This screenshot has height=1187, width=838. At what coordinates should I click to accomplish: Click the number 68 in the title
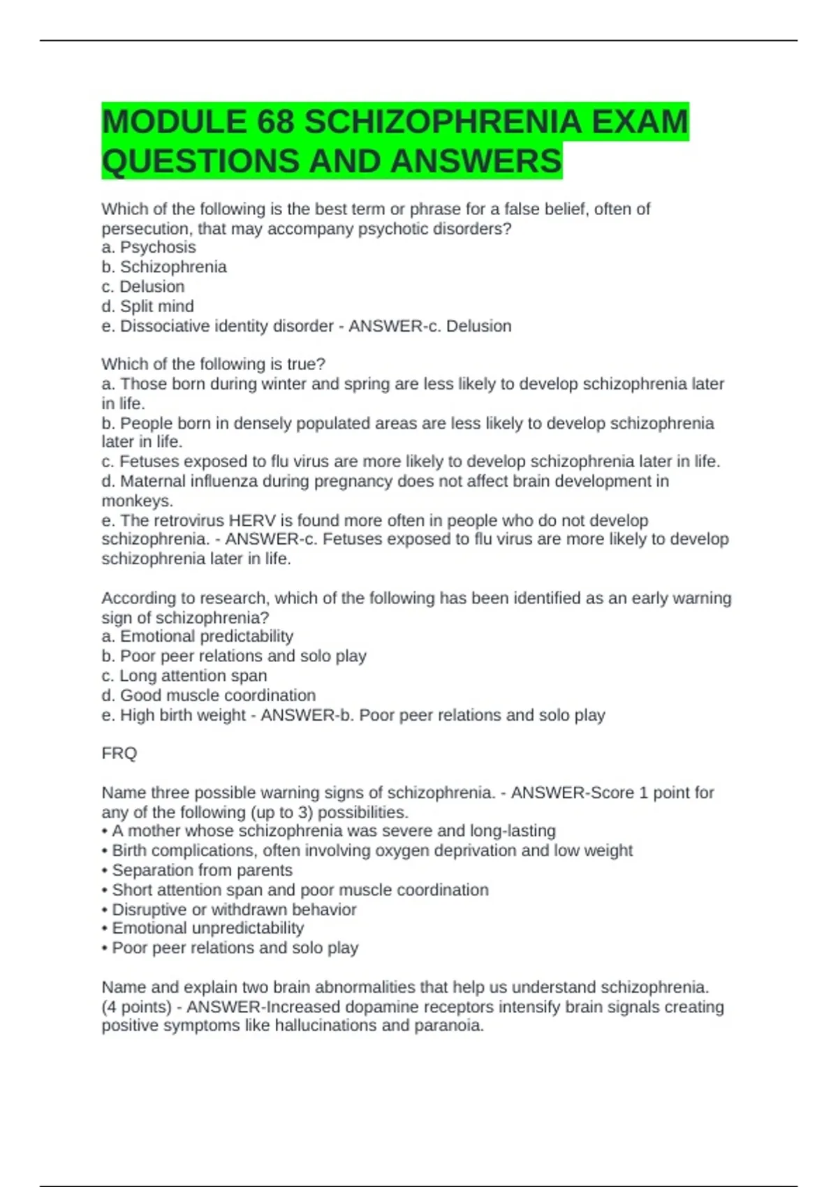(x=274, y=122)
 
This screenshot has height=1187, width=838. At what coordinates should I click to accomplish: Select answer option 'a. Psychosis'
(x=149, y=247)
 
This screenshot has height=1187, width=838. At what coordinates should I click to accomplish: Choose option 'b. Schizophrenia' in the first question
(x=164, y=267)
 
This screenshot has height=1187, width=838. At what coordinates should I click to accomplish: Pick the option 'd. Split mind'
(x=148, y=306)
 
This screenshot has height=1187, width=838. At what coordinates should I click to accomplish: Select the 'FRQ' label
(x=119, y=753)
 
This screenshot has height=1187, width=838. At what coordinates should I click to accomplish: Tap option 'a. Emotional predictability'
(x=198, y=636)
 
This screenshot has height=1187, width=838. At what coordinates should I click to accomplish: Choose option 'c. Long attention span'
(x=184, y=675)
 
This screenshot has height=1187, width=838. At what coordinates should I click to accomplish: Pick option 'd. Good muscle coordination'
(x=209, y=695)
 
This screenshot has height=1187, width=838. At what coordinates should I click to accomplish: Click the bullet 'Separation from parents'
(x=202, y=870)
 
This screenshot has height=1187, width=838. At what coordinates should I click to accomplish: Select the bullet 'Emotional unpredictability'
(x=207, y=928)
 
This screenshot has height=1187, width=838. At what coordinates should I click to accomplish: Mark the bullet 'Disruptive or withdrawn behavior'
(x=234, y=909)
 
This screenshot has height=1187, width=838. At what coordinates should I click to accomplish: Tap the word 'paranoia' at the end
(x=452, y=1025)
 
